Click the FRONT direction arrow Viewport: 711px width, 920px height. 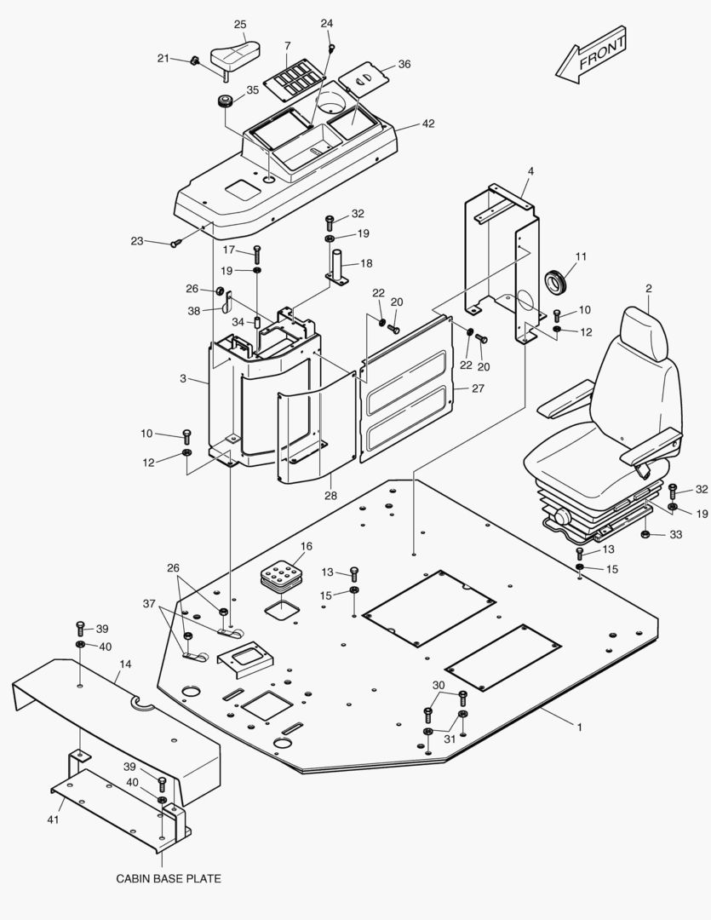tap(592, 56)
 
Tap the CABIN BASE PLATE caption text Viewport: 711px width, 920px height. tap(168, 878)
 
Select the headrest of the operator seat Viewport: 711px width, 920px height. tap(645, 333)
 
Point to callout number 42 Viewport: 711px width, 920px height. tap(427, 124)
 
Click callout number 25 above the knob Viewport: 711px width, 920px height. tap(240, 25)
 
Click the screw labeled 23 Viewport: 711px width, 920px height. tap(175, 244)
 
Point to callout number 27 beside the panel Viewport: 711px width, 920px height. tap(478, 388)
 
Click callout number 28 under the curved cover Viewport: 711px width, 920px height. tap(330, 495)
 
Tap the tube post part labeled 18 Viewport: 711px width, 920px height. tap(337, 267)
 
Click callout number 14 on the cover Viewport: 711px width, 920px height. tap(125, 662)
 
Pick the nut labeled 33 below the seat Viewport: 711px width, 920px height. tap(645, 534)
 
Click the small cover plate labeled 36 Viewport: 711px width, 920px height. tap(364, 81)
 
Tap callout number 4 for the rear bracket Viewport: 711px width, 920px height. tap(530, 171)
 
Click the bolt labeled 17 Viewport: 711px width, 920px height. tap(256, 253)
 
